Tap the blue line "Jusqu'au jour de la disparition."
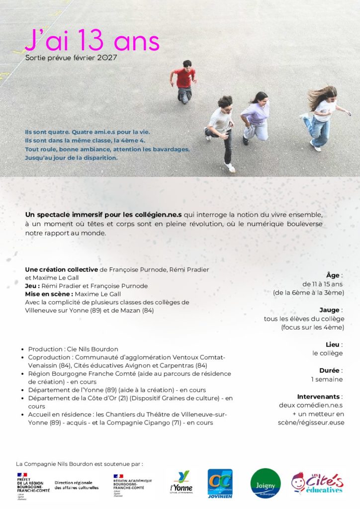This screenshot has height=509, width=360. click(71, 158)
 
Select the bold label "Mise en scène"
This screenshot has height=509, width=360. click(45, 294)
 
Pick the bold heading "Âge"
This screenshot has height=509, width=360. click(333, 275)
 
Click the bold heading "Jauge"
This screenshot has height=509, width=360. click(332, 310)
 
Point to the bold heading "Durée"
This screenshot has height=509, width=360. click(330, 370)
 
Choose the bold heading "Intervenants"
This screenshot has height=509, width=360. click(319, 397)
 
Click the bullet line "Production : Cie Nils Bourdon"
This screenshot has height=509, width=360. click(73, 349)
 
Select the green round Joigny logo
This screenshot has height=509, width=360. click(266, 483)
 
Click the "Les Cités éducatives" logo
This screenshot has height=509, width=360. click(317, 483)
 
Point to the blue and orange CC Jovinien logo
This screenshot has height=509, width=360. click(220, 483)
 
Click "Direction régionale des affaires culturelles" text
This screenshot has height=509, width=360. click(76, 485)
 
